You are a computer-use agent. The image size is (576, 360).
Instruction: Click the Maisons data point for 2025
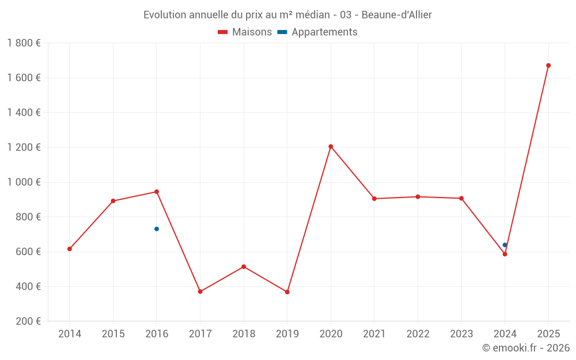tap(548, 66)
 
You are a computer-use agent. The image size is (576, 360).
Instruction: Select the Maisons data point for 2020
tap(331, 146)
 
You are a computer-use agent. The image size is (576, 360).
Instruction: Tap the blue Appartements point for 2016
tap(157, 229)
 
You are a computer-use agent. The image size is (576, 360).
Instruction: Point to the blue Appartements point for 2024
tap(505, 245)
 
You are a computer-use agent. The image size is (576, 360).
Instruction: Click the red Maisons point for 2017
tap(200, 291)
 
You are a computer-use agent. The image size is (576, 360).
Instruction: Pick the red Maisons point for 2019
tap(287, 292)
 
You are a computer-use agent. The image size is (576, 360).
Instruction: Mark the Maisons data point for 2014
tap(70, 249)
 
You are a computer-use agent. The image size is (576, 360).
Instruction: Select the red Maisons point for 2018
tap(244, 267)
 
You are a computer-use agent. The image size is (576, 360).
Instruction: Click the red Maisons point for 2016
tap(157, 192)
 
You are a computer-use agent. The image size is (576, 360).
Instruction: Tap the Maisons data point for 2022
tap(418, 197)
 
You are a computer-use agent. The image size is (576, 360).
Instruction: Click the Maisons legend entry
tap(245, 32)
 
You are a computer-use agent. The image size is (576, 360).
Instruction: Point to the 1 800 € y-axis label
tap(24, 43)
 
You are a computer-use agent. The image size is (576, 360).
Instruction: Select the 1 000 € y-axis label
tap(24, 182)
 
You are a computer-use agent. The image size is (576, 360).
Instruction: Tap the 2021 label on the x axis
tap(374, 334)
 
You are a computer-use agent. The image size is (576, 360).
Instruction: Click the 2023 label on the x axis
tap(461, 334)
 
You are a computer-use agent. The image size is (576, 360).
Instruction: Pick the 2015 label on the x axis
tap(113, 334)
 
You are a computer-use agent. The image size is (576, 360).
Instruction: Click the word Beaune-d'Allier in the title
tap(396, 15)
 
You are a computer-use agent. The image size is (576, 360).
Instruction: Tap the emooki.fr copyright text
tap(526, 348)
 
